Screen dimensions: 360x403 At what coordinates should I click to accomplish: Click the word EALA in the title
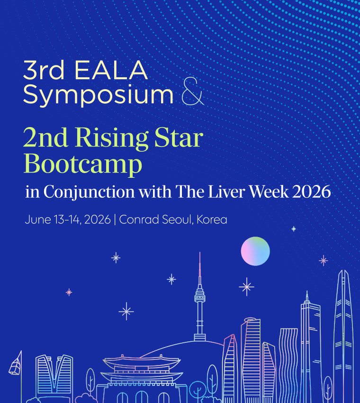pyautogui.click(x=111, y=70)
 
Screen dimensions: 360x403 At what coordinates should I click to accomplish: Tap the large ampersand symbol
pyautogui.click(x=193, y=91)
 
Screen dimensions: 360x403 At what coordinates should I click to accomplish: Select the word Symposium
pyautogui.click(x=98, y=96)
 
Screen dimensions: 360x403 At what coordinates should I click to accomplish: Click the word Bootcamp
pyautogui.click(x=83, y=164)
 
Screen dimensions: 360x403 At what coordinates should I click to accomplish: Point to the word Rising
pyautogui.click(x=111, y=138)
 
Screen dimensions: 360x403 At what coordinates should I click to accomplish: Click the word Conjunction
pyautogui.click(x=89, y=192)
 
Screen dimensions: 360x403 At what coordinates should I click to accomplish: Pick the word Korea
pyautogui.click(x=212, y=220)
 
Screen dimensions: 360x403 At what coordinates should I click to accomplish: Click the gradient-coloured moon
pyautogui.click(x=255, y=251)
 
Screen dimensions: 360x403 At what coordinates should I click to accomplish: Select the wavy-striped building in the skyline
pyautogui.click(x=288, y=365)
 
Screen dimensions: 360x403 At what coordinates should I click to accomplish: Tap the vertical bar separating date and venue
pyautogui.click(x=115, y=220)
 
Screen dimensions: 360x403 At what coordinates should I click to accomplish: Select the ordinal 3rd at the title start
pyautogui.click(x=44, y=70)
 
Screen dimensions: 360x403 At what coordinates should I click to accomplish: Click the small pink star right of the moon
pyautogui.click(x=323, y=261)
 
